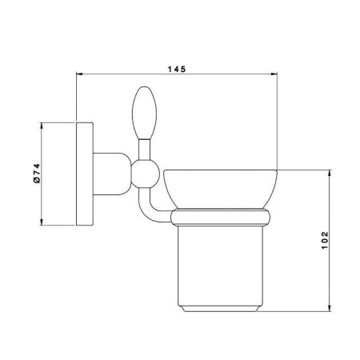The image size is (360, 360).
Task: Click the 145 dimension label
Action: pyautogui.click(x=176, y=70)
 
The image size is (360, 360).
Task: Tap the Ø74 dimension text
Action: pyautogui.click(x=37, y=174)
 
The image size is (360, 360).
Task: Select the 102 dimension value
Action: pyautogui.click(x=325, y=241)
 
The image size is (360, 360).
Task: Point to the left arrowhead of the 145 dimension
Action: pyautogui.click(x=80, y=74)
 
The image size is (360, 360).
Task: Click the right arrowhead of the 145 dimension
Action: pyautogui.click(x=274, y=74)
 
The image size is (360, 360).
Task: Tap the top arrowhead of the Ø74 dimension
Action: pyautogui.click(x=42, y=126)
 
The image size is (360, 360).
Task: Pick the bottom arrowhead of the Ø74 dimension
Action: pyautogui.click(x=42, y=222)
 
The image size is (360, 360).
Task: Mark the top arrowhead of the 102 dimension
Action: pyautogui.click(x=330, y=174)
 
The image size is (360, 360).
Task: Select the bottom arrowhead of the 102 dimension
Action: pyautogui.click(x=330, y=307)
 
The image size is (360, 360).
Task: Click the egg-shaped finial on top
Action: pyautogui.click(x=144, y=113)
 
